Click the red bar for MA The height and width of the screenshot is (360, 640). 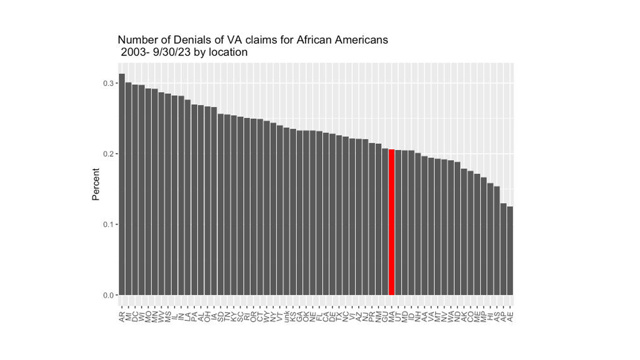coord(392,222)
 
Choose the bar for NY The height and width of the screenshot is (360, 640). coord(273,209)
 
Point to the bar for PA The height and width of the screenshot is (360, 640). coord(194,200)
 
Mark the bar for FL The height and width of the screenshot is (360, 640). coord(319,213)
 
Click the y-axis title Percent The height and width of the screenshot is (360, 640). coord(96,184)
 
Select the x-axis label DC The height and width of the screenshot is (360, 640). coord(135,316)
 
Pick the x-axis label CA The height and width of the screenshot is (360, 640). coord(326,316)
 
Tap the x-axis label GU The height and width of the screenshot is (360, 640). coord(385,316)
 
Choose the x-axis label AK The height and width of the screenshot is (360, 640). coord(464,316)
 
